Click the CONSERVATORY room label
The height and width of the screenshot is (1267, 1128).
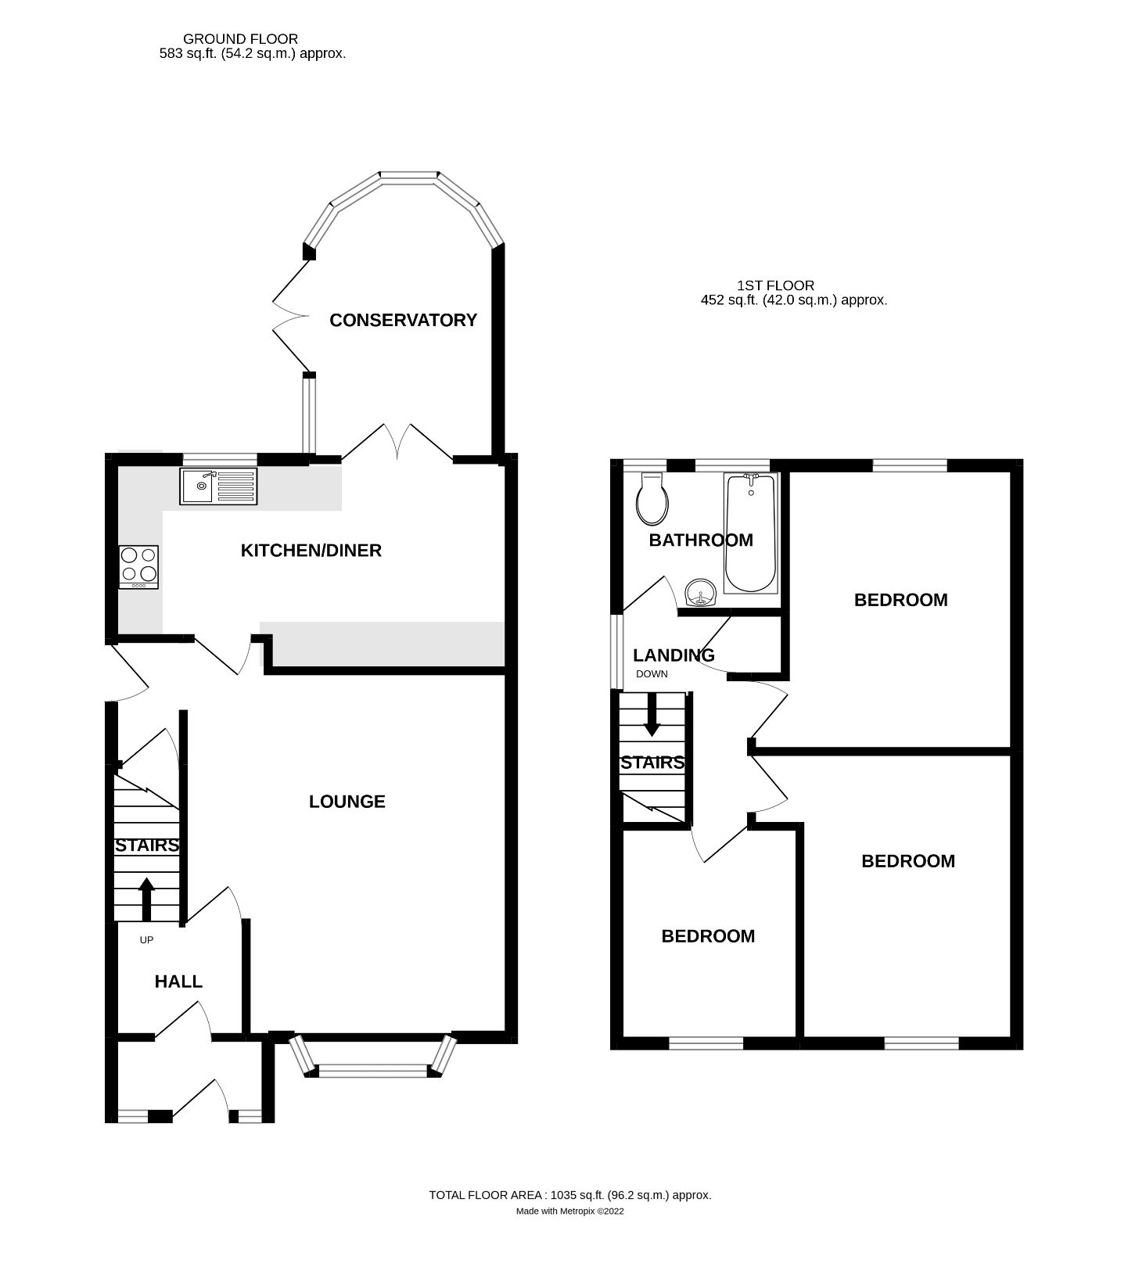[403, 320]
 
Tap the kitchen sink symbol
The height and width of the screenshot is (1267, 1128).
[218, 486]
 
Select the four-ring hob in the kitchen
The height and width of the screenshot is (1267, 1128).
[138, 566]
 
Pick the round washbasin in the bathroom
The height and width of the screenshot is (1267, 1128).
[700, 595]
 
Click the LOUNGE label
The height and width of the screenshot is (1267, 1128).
[347, 802]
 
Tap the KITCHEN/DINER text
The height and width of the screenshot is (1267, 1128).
[311, 551]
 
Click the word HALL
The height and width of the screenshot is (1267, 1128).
[178, 982]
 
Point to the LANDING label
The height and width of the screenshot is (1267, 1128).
[674, 655]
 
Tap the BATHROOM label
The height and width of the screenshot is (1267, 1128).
[701, 540]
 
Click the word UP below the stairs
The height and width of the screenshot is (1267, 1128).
[146, 940]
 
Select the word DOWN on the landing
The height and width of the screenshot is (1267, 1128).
[652, 673]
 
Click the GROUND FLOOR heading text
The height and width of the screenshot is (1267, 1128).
[240, 38]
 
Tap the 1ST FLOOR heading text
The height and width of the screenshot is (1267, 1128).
[774, 285]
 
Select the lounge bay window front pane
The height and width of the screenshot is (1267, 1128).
[373, 1072]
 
